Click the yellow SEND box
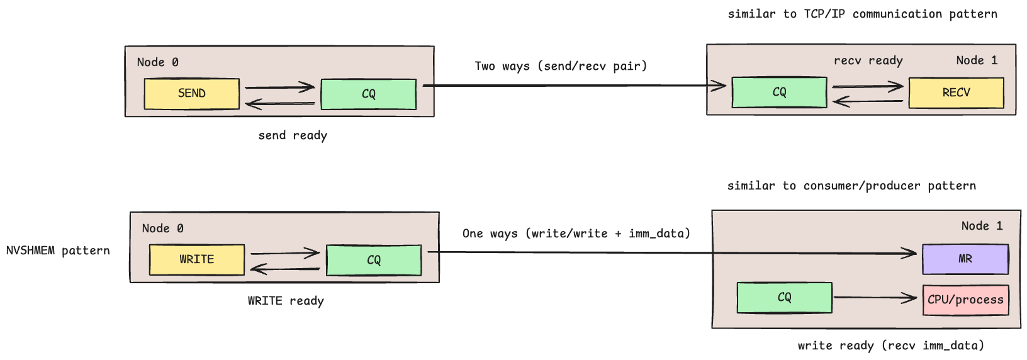pos(191,94)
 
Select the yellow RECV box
pos(955,93)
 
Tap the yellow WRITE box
pos(196,259)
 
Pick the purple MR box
pos(965,259)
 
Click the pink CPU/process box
pos(965,300)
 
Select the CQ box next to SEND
pos(368,94)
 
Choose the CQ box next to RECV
pos(779,93)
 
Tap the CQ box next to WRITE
pos(373,260)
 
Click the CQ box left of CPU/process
pos(784,298)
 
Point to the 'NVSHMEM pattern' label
pos(58,250)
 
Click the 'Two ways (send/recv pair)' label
pos(560,66)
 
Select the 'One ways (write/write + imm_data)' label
pos(576,233)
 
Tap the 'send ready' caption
pos(293,135)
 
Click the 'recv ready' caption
pos(868,60)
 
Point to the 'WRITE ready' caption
pos(286,301)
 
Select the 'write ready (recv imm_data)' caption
pos(890,346)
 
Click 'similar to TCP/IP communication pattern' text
pos(862,14)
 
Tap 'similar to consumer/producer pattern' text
pos(851,186)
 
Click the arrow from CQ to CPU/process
pos(875,298)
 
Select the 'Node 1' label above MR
pos(982,226)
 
